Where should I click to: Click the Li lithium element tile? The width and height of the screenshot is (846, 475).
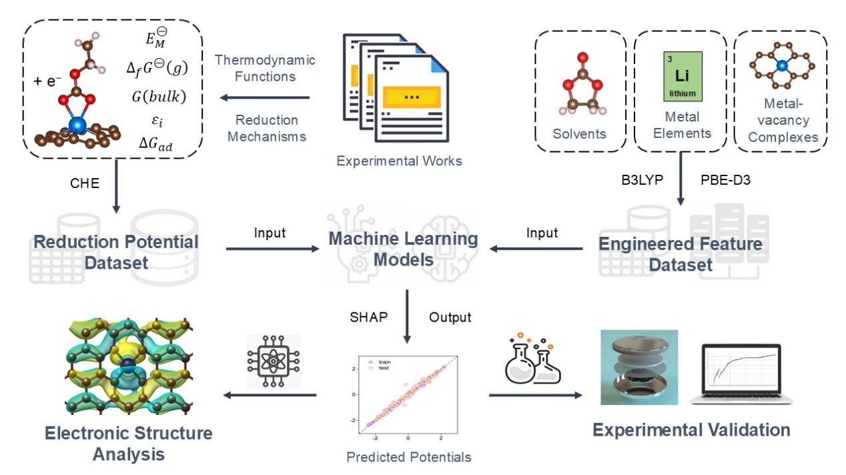pyautogui.click(x=682, y=75)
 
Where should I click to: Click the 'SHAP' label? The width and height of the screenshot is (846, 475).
pyautogui.click(x=369, y=317)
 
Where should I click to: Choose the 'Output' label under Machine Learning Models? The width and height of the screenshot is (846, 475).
pyautogui.click(x=450, y=317)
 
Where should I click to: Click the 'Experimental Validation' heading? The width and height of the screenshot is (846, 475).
pyautogui.click(x=691, y=430)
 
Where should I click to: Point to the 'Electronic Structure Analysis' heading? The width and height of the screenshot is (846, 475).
pyautogui.click(x=128, y=444)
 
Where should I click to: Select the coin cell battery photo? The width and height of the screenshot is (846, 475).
pyautogui.click(x=639, y=366)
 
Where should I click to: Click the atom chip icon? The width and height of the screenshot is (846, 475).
pyautogui.click(x=274, y=361)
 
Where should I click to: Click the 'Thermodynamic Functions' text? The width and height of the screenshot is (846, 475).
pyautogui.click(x=265, y=68)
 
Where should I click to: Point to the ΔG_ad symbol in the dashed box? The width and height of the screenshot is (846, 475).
pyautogui.click(x=157, y=141)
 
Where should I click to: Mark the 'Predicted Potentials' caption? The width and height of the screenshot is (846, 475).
pyautogui.click(x=409, y=457)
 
